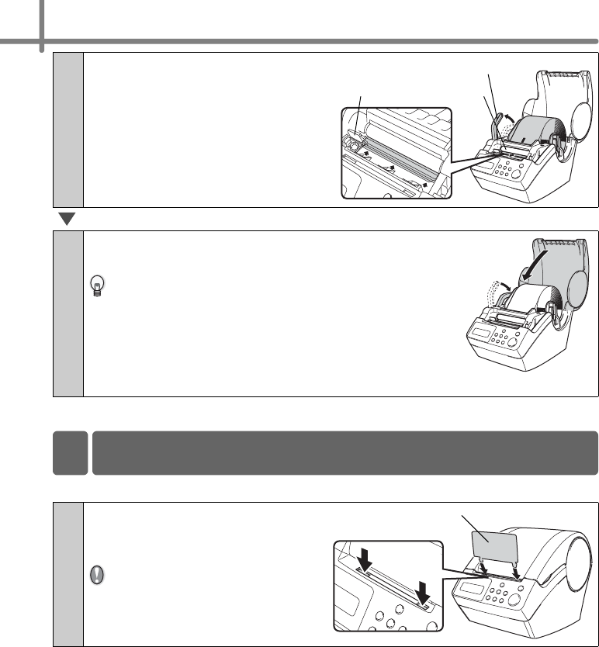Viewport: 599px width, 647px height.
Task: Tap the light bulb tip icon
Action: click(97, 286)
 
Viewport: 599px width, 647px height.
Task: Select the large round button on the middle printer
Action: click(526, 346)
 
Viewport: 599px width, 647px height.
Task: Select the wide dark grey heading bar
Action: click(345, 452)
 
